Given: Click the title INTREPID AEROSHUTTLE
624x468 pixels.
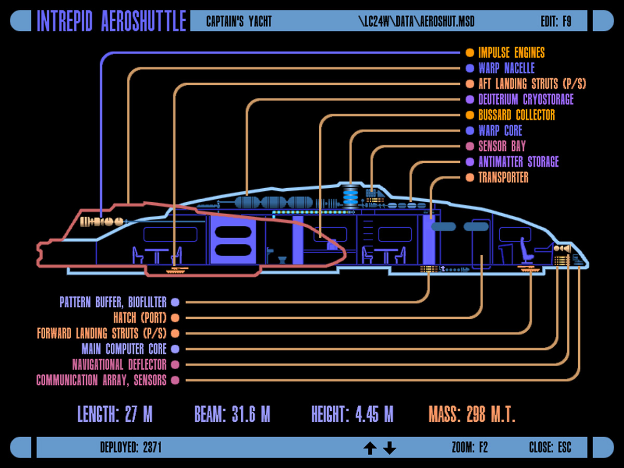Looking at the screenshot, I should click(x=111, y=21).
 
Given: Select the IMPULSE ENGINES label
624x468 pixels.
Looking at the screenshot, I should click(x=511, y=53).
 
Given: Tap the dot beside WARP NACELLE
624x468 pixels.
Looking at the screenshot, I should click(x=470, y=68).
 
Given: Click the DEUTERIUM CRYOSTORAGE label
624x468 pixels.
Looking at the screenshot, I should click(x=526, y=99).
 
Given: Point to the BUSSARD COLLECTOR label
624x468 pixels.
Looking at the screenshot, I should click(x=516, y=115).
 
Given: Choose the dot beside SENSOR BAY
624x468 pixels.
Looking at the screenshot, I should click(x=470, y=146).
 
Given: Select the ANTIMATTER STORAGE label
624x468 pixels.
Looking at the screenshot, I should click(x=518, y=162).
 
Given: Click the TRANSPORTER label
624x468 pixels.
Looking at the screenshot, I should click(x=503, y=177).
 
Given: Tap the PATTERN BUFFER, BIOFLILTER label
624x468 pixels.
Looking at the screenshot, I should click(x=113, y=302).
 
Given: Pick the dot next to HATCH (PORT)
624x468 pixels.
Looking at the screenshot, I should click(x=175, y=318).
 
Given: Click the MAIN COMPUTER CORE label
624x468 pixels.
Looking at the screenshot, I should click(x=124, y=349).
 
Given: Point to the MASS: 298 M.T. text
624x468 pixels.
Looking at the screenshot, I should click(x=472, y=414).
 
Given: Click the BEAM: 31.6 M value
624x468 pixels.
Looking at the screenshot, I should click(x=232, y=414).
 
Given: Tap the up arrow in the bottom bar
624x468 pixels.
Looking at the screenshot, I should click(x=370, y=448).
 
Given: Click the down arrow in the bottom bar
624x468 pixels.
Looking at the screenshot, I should click(x=389, y=448).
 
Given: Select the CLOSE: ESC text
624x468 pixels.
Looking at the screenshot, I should click(x=550, y=448).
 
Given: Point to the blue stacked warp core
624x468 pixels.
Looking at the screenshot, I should click(x=351, y=197).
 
